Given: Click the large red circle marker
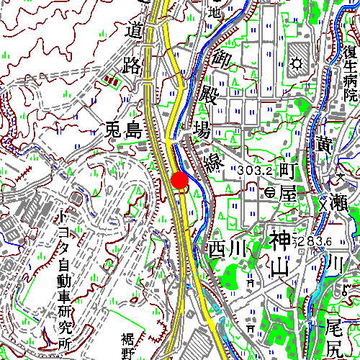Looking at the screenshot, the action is click(179, 180).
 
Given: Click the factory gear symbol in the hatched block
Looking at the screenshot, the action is click(297, 63).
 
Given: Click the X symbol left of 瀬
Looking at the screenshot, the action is click(323, 204).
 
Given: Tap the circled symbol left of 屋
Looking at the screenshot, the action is click(270, 192).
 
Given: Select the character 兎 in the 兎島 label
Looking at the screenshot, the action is click(114, 130).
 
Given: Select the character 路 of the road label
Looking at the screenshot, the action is click(132, 66).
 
